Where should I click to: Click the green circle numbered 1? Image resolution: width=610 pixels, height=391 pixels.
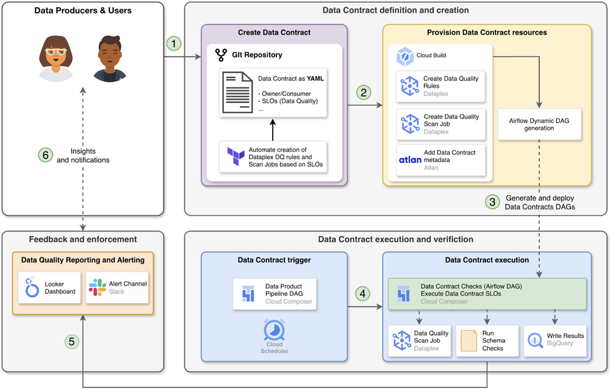174,44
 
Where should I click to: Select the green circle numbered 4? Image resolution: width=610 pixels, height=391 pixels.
364,294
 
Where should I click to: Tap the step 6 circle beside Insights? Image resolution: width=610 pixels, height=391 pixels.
45,156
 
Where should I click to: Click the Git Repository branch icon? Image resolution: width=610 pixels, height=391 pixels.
221,55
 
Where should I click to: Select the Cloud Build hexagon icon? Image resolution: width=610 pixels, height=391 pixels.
405,57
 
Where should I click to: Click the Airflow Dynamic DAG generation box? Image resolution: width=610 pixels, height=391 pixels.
539,124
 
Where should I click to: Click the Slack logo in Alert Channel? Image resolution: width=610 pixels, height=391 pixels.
97,287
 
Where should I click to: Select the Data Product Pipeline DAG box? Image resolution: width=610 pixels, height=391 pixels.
274,293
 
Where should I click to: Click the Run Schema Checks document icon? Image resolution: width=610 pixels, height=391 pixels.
468,341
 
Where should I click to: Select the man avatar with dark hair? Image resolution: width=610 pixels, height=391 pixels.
110,59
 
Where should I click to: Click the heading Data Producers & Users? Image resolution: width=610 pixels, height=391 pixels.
83,10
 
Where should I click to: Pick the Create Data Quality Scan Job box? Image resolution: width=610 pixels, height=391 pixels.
440,124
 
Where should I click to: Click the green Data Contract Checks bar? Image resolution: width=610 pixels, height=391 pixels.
487,293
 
